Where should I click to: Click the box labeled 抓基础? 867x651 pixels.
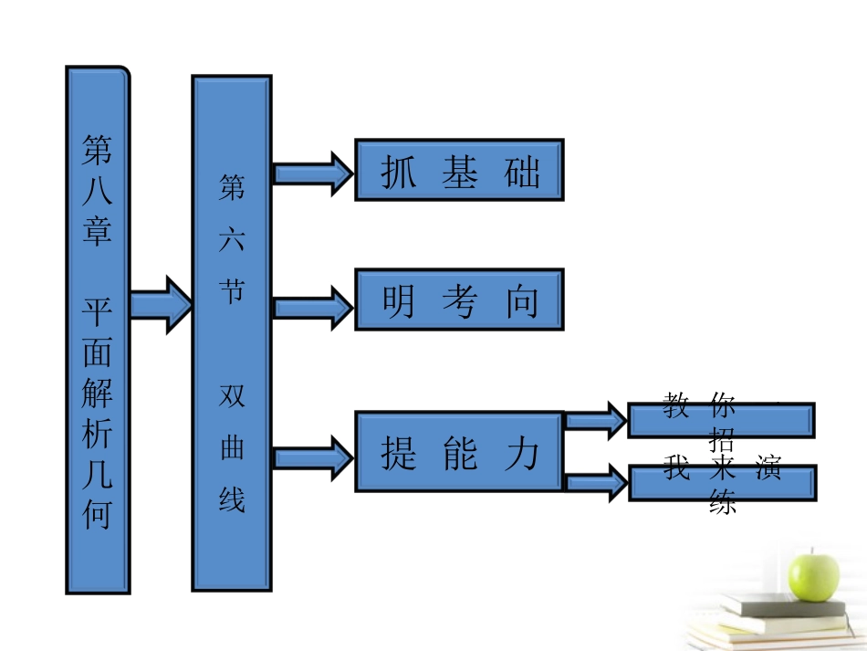pos(459,170)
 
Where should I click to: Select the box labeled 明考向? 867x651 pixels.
pos(459,299)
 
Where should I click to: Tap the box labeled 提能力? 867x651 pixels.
pos(459,452)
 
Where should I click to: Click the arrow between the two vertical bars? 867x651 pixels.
pos(161,303)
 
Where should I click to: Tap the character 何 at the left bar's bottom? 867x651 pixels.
pos(98,515)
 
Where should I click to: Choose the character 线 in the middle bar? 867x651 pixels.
pos(232,499)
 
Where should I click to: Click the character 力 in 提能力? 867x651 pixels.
pos(522,452)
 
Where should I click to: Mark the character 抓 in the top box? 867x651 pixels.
pos(397,171)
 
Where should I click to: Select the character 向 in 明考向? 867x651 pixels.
pos(522,300)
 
